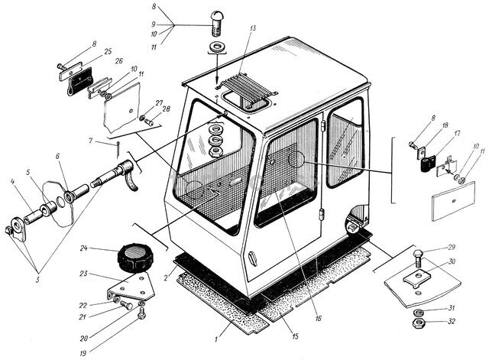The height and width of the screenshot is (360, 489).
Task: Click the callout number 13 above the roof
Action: [252, 28]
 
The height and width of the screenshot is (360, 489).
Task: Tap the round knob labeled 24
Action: [134, 258]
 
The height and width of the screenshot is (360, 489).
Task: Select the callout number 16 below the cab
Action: [318, 319]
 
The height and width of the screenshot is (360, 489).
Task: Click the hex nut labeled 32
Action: [418, 323]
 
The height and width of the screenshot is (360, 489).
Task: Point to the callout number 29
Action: [452, 248]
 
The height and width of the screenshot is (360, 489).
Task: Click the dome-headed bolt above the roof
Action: [217, 23]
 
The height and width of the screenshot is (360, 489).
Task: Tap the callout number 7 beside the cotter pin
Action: [90, 141]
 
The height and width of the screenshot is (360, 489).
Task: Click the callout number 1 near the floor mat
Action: [216, 339]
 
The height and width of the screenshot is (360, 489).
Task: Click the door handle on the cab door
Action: [253, 259]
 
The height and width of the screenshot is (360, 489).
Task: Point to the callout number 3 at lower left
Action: [37, 280]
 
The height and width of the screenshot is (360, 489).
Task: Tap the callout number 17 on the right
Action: [457, 134]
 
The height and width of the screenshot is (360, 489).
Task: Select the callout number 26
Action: [119, 61]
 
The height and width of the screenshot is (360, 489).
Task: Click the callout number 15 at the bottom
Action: [295, 336]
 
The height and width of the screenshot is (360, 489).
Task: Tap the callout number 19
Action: [83, 353]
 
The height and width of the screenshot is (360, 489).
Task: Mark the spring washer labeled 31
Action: [418, 312]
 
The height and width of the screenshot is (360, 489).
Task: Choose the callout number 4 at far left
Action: [12, 181]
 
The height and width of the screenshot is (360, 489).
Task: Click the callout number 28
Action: [167, 109]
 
